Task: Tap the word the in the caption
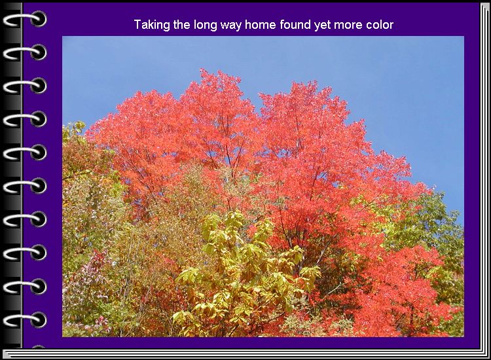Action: point(181,24)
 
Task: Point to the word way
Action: point(231,26)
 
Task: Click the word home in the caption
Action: point(261,24)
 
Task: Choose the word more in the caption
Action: point(348,26)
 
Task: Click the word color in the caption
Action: point(380,24)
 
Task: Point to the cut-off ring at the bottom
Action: point(39,346)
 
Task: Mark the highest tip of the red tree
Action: point(204,70)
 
